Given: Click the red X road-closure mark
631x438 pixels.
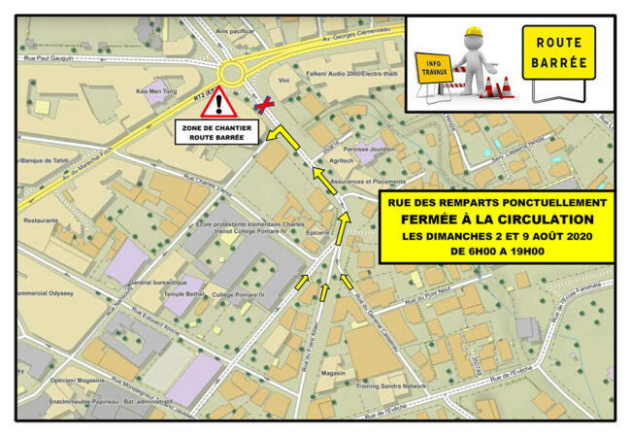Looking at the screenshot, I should coord(262,104).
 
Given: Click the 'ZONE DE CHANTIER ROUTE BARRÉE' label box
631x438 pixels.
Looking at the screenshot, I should coord(217,132).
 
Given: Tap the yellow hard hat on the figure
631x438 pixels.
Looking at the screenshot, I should coord(472,35).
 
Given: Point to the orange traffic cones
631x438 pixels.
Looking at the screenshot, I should coord(501,88).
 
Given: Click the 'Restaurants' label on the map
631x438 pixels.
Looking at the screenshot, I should coord(42,219).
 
